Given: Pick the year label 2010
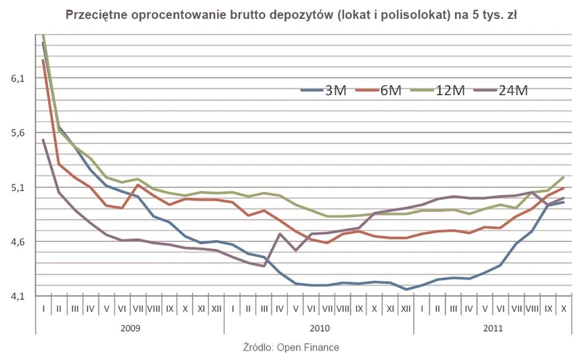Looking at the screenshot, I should coord(318,327).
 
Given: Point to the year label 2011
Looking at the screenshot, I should coord(492,327).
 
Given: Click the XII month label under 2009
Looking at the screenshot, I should coord(216,308).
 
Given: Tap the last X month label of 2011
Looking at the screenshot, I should coord(563,308).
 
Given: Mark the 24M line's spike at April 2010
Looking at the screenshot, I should coord(280,234).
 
